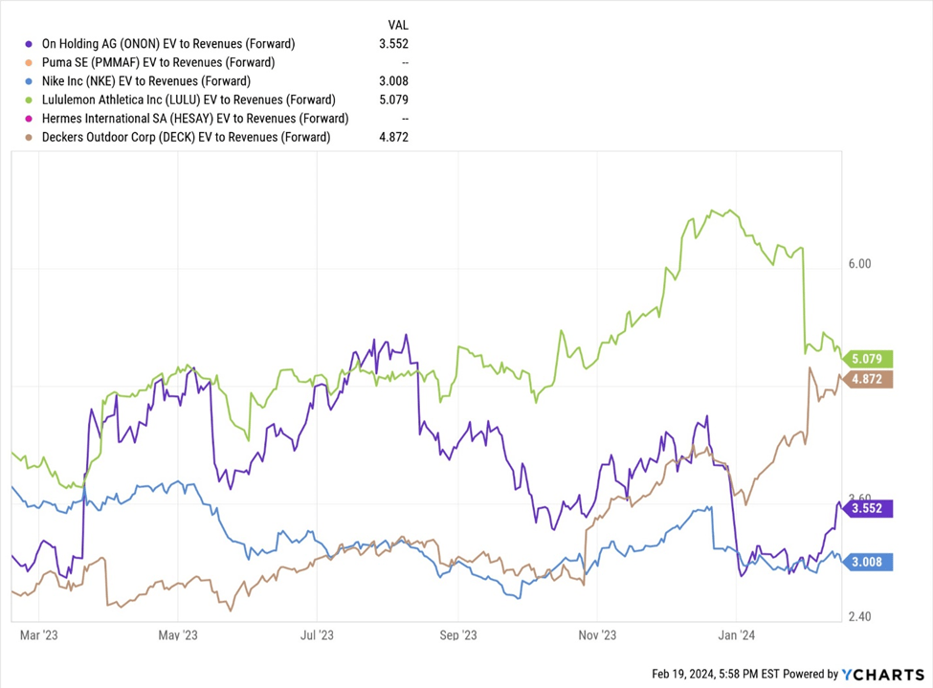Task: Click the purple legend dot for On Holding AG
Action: [x=29, y=43]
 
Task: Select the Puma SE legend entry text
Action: [x=158, y=62]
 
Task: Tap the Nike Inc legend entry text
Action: [x=146, y=81]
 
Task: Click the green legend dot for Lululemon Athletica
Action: [x=29, y=100]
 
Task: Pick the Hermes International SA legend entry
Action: [x=195, y=119]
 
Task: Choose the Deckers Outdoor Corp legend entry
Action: [x=187, y=137]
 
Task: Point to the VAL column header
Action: [x=397, y=24]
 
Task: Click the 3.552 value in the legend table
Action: [x=393, y=43]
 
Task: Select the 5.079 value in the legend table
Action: [x=393, y=100]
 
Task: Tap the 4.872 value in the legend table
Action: [x=393, y=137]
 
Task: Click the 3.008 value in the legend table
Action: [x=393, y=81]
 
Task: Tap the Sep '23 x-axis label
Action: [x=457, y=634]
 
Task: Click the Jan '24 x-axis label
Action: [x=737, y=634]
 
